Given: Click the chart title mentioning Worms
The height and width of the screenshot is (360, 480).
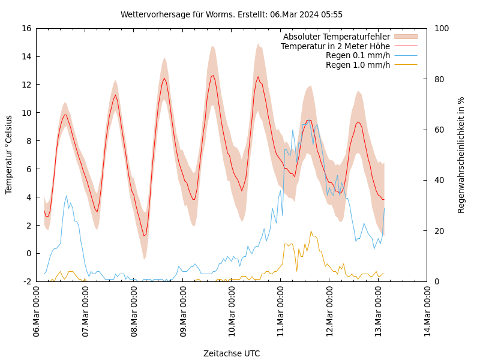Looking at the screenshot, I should tap(232, 14).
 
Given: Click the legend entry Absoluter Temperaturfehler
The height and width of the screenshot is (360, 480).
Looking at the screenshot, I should tap(336, 37).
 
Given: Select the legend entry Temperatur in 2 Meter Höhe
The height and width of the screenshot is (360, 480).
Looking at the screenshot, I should tap(335, 46).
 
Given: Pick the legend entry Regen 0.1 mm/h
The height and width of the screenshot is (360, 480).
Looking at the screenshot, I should tap(358, 56).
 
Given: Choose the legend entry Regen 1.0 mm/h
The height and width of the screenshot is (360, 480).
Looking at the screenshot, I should tap(358, 65).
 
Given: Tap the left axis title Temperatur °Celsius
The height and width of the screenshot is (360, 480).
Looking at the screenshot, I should tap(9, 155).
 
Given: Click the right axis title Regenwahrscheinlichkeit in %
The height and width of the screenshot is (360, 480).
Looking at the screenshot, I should tap(461, 155).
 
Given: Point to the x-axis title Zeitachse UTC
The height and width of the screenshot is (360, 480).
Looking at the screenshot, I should tap(232, 353).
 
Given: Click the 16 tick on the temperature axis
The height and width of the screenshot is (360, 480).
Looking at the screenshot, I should tap(25, 28).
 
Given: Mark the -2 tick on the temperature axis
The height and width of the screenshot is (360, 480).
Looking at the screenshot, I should tap(26, 281).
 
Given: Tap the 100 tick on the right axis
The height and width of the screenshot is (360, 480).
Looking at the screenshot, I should tap(441, 28).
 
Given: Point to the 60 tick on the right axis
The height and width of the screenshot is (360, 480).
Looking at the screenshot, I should tap(439, 130).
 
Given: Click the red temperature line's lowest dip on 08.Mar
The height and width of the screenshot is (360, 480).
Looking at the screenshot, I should tap(145, 235).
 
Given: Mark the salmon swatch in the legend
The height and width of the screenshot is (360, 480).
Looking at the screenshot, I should tap(406, 37).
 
